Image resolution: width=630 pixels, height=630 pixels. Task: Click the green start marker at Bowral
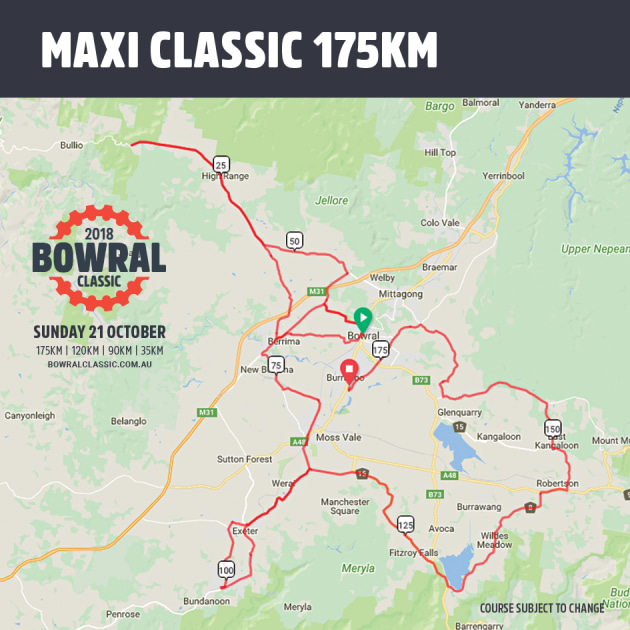click(x=363, y=319)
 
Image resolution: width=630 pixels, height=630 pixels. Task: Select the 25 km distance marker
click(x=221, y=164)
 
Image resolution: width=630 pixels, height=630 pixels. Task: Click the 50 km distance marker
click(x=294, y=240)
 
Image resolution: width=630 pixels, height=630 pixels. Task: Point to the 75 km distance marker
click(x=276, y=365)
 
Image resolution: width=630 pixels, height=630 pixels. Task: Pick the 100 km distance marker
click(x=226, y=570)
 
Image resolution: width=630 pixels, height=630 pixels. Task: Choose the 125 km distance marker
click(x=405, y=524)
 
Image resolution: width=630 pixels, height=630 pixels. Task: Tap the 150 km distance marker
click(x=553, y=428)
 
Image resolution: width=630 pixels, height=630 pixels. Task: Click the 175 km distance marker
click(x=380, y=350)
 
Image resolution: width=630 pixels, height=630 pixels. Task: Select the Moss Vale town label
click(x=336, y=439)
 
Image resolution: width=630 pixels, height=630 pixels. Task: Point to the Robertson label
click(x=557, y=483)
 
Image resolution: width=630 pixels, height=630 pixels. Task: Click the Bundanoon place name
click(x=206, y=601)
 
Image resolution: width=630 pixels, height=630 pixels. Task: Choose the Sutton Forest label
click(x=244, y=459)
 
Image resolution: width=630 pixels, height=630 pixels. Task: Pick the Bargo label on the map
click(x=439, y=106)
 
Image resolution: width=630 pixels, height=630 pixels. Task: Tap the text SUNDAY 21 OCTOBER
click(x=99, y=332)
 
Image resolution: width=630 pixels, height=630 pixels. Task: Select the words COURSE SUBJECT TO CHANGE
click(x=541, y=608)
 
